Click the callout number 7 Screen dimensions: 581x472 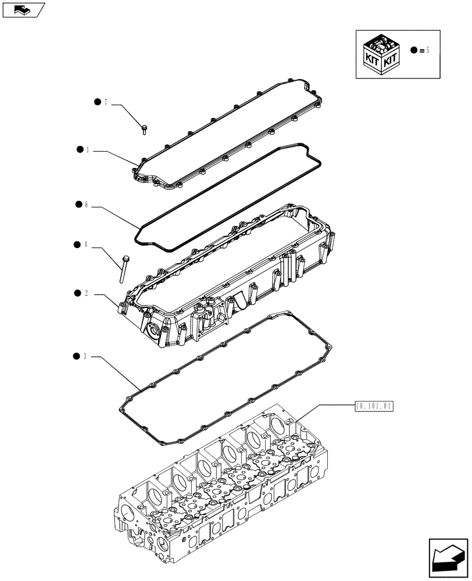106,102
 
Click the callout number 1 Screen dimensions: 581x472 87,150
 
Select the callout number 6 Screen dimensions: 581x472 86,205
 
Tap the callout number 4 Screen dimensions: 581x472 85,245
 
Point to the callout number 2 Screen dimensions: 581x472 86,293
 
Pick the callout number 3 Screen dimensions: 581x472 85,356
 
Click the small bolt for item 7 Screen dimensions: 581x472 144,128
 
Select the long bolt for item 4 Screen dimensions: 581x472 123,269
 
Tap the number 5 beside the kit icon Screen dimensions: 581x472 428,51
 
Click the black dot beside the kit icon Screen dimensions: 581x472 413,51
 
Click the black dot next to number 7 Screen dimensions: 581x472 97,102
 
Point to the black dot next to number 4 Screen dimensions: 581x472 77,245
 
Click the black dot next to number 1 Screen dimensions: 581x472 79,150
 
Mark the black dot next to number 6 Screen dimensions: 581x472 78,205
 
